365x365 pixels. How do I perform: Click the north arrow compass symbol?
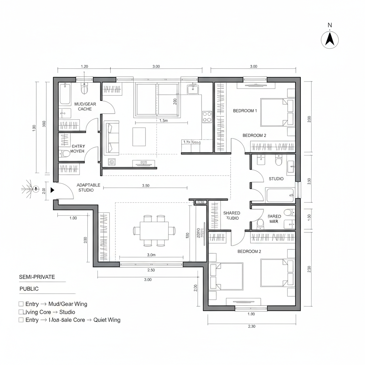point(330,40)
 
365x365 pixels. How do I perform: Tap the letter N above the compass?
point(330,25)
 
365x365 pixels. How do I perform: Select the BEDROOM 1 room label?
point(245,111)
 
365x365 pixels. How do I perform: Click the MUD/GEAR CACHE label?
point(83,107)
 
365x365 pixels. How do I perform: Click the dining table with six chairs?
point(154,231)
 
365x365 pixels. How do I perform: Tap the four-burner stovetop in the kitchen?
point(207,117)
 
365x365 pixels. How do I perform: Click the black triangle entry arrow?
point(52,190)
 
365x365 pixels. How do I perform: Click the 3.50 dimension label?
point(145,186)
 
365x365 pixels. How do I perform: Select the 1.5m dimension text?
point(163,121)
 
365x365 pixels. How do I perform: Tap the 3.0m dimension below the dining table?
point(151,255)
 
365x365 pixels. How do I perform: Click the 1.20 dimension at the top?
point(84,67)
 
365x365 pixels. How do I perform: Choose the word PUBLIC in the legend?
point(29,289)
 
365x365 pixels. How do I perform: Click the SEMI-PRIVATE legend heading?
point(37,277)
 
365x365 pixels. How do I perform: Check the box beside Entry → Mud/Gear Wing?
point(21,304)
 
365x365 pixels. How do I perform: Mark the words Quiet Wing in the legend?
point(107,320)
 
